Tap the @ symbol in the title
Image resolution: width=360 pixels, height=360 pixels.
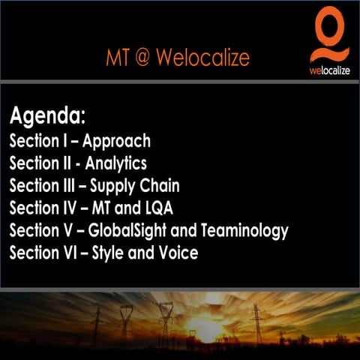139,57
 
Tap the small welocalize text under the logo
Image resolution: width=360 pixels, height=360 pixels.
329,71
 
